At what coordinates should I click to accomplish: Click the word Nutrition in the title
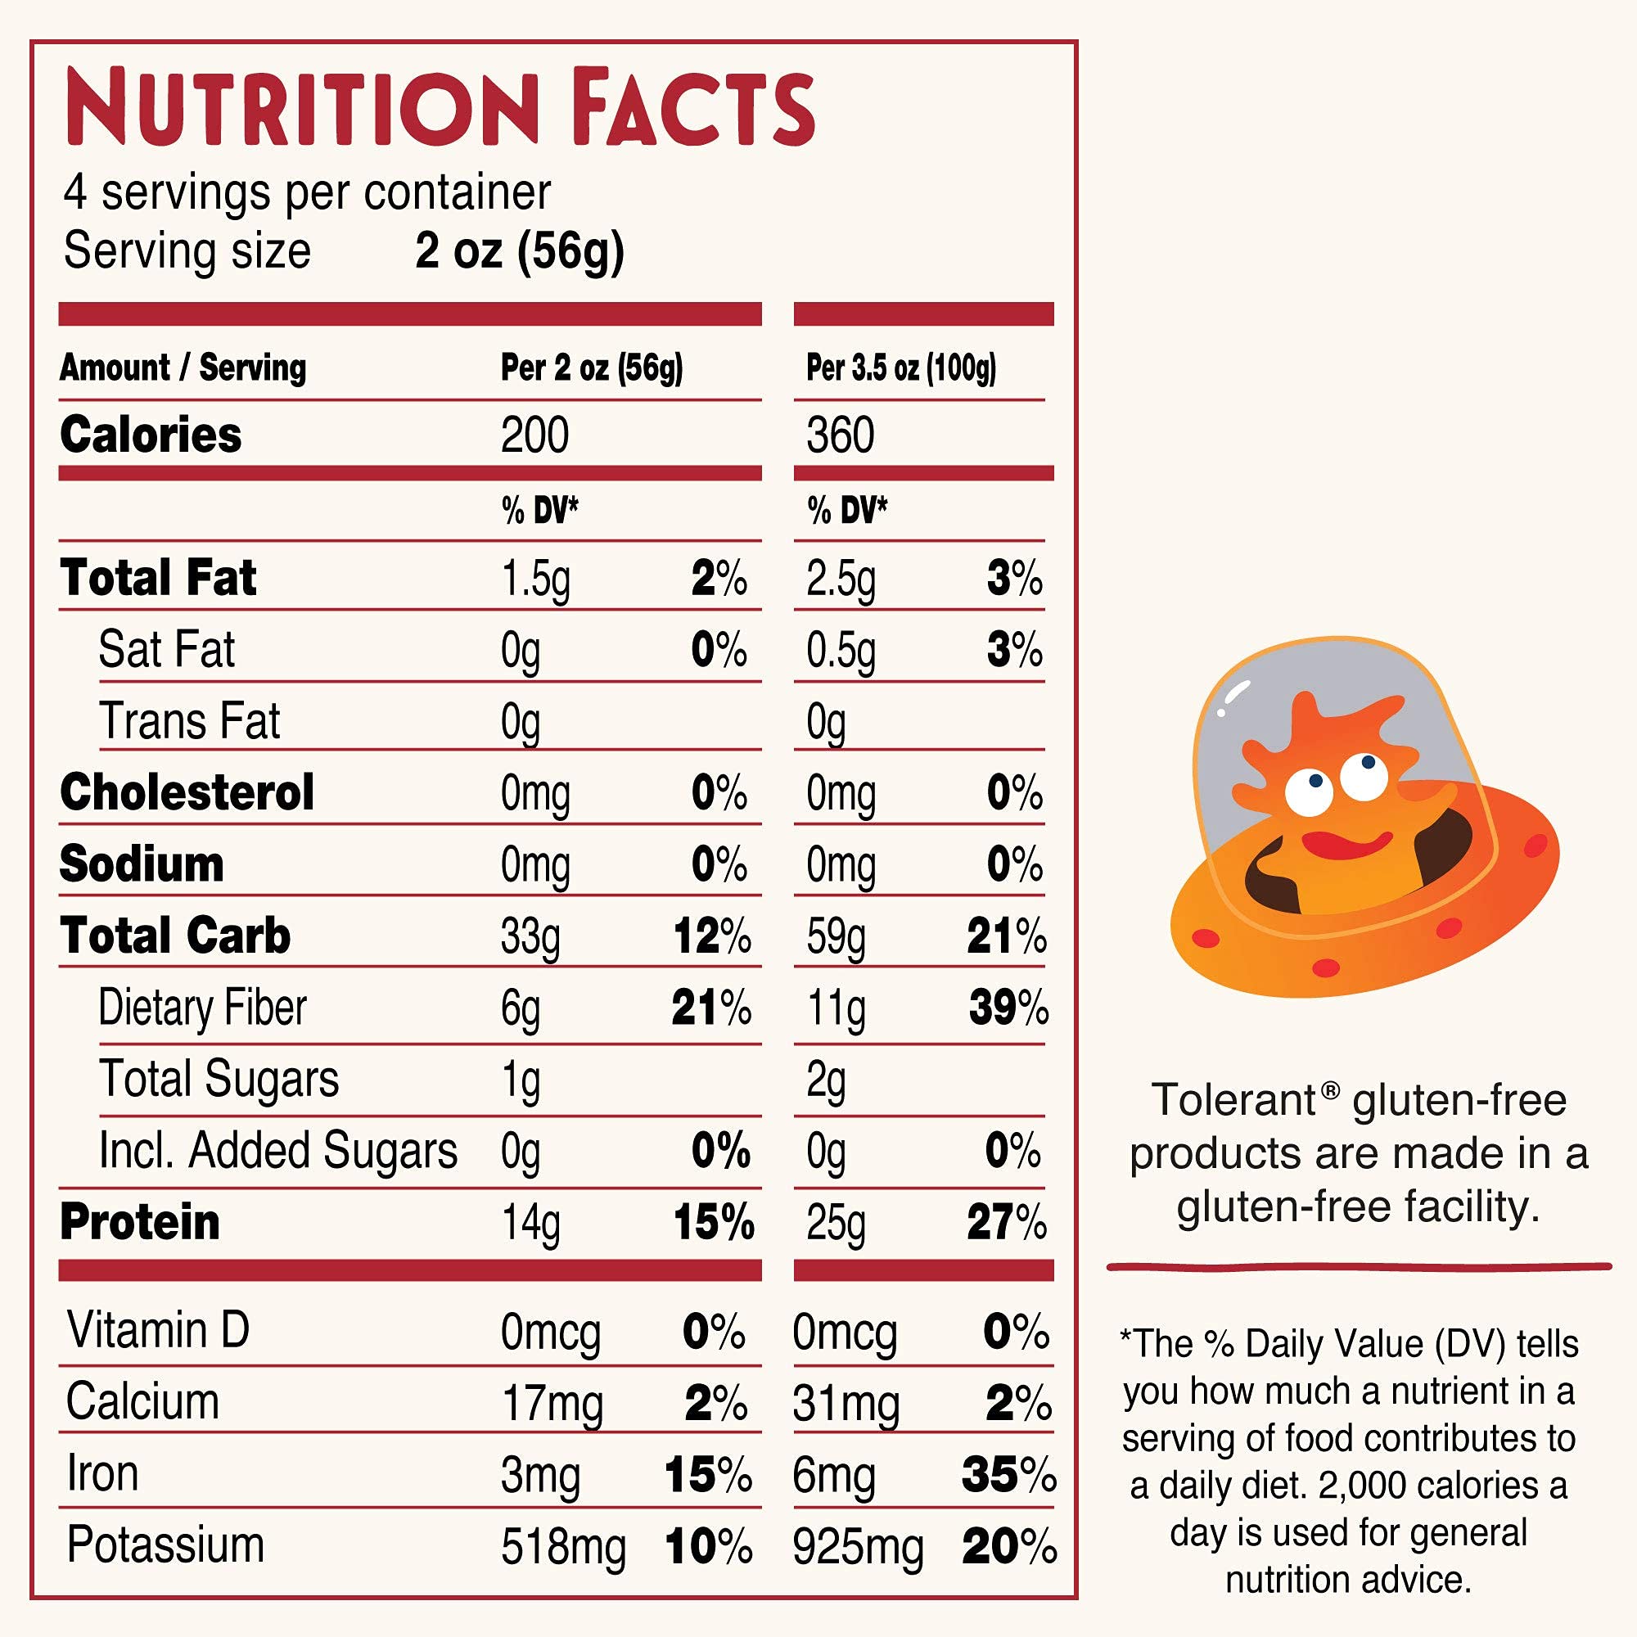(300, 107)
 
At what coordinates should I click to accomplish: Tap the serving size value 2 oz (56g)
(520, 250)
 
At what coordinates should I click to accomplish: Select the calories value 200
(534, 435)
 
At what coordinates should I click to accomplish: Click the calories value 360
(840, 435)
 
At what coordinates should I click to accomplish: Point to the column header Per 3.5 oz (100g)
(900, 368)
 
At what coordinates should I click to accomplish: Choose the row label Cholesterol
(187, 793)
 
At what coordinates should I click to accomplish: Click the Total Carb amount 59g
(836, 937)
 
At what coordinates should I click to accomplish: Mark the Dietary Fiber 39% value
(1008, 1008)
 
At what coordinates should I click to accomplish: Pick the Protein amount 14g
(530, 1224)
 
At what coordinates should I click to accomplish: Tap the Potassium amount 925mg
(858, 1547)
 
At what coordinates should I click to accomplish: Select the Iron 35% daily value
(1008, 1475)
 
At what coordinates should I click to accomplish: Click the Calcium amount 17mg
(552, 1404)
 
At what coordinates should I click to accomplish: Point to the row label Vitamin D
(158, 1330)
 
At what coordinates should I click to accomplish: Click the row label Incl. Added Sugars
(278, 1152)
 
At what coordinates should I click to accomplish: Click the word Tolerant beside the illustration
(1233, 1101)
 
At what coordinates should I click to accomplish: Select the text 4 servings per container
(307, 192)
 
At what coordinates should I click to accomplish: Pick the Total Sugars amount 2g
(825, 1080)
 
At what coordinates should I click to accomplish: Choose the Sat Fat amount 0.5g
(840, 651)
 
